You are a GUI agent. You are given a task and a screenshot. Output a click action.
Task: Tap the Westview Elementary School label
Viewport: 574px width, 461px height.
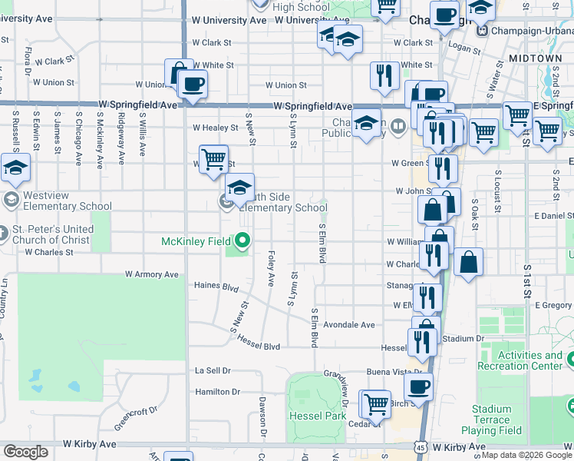coord(67,201)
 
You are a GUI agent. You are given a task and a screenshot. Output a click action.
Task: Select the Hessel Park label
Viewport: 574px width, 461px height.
coord(318,416)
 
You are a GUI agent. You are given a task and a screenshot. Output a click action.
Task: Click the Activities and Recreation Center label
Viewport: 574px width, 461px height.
coord(530,360)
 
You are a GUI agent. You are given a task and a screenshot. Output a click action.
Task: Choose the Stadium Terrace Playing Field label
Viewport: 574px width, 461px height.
coord(491,420)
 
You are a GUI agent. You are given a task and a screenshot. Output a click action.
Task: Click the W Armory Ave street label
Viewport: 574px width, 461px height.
coord(152,274)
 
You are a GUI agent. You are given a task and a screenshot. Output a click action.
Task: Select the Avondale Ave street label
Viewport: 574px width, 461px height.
coord(348,325)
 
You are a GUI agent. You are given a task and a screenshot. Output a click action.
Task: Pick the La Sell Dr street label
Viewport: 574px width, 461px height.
coord(213,370)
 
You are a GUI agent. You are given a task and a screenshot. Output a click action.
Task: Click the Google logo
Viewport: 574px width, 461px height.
coord(25,452)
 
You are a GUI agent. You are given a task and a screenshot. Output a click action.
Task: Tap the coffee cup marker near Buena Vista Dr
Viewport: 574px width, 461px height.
coord(418,387)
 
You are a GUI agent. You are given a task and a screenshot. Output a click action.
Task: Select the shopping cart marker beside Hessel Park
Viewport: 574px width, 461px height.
coord(375,403)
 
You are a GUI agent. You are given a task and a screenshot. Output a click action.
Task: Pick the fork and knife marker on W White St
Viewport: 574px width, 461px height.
coord(382,75)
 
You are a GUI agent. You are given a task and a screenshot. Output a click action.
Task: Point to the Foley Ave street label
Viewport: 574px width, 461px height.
coord(271,268)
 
